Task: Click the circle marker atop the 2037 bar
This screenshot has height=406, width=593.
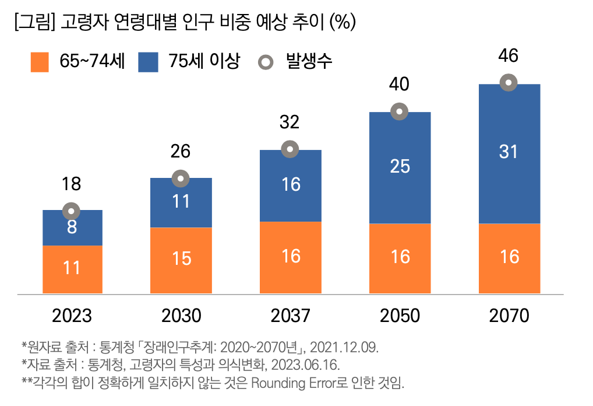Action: click(x=290, y=149)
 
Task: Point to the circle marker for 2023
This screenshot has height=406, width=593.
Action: click(x=72, y=211)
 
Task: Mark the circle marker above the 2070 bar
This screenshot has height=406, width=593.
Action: click(x=509, y=83)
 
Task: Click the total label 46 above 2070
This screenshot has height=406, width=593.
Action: click(x=509, y=57)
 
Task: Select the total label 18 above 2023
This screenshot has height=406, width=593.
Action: click(x=72, y=185)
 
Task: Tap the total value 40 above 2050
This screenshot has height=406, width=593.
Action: click(x=399, y=85)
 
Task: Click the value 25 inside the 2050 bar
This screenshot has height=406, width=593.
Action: click(x=400, y=167)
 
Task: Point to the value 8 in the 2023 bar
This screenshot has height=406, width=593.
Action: click(x=72, y=228)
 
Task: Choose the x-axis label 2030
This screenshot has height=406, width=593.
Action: click(x=181, y=316)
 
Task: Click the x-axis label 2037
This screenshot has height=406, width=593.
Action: click(x=290, y=316)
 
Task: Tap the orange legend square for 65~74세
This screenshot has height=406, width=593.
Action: click(x=40, y=62)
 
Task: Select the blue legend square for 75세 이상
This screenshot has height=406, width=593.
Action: click(x=148, y=62)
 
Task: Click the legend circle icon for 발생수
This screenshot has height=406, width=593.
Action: click(x=265, y=62)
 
